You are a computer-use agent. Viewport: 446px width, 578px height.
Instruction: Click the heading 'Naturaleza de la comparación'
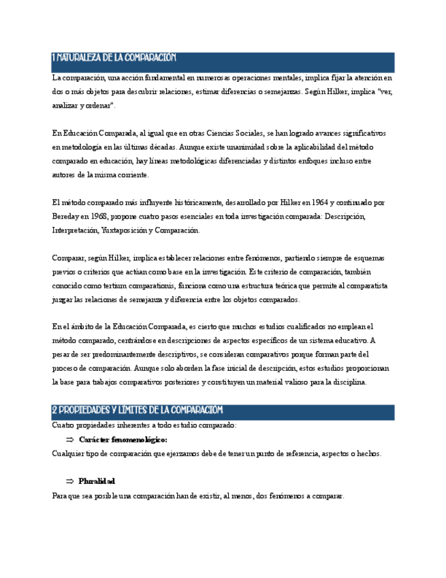click(x=114, y=59)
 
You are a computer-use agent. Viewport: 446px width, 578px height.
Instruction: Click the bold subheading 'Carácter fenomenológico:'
click(x=123, y=439)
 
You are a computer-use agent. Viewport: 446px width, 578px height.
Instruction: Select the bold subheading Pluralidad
click(x=97, y=481)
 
